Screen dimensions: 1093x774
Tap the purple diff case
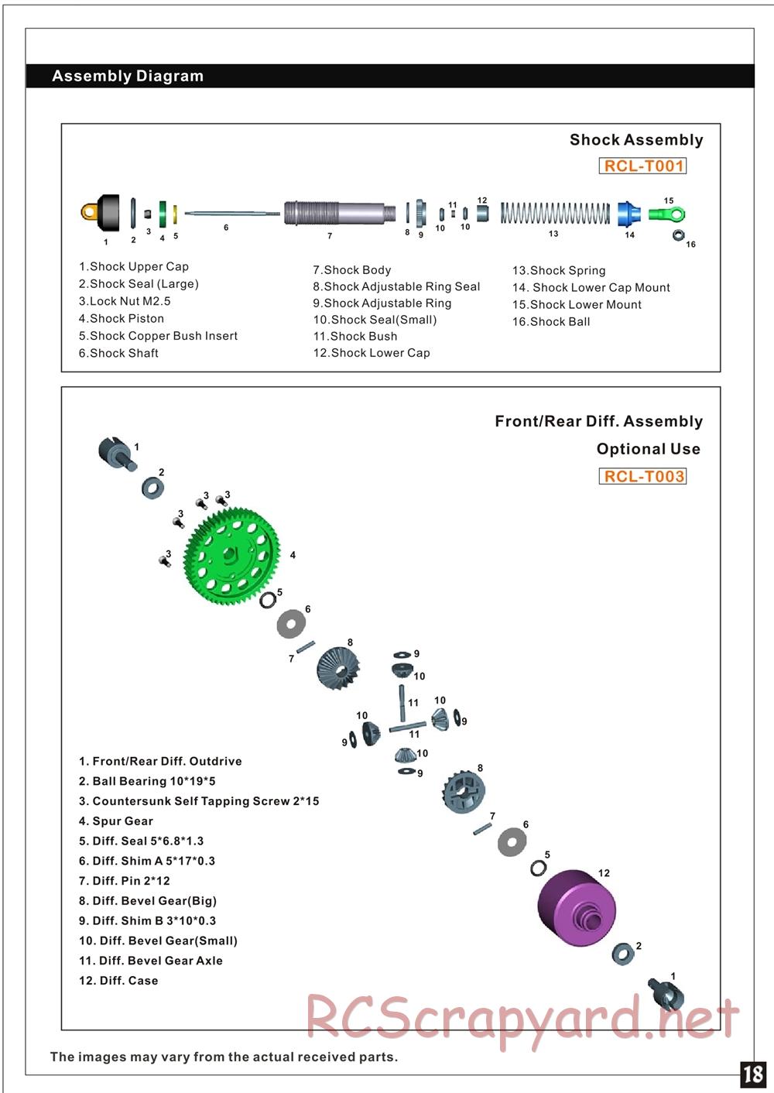(576, 907)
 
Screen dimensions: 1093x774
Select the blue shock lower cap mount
(628, 213)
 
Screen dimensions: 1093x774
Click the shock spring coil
(554, 213)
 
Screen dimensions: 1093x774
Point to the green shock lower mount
(667, 214)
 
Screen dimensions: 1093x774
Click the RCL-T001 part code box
(642, 166)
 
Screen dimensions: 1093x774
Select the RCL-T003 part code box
(642, 476)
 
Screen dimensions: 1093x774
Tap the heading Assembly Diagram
(128, 76)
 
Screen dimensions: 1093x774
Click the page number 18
(753, 1074)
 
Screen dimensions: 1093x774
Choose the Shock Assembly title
(636, 140)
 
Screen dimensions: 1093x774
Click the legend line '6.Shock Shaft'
(118, 353)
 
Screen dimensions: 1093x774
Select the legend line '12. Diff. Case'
(118, 981)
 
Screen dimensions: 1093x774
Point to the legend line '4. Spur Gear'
(116, 821)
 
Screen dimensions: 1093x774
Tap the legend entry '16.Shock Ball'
(551, 322)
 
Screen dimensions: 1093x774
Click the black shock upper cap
(107, 213)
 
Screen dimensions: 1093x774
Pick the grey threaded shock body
(338, 212)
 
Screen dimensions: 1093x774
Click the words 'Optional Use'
(648, 449)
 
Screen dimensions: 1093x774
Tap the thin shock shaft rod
(231, 213)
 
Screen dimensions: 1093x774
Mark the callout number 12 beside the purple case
(604, 873)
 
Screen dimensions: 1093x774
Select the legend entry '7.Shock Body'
(352, 270)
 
